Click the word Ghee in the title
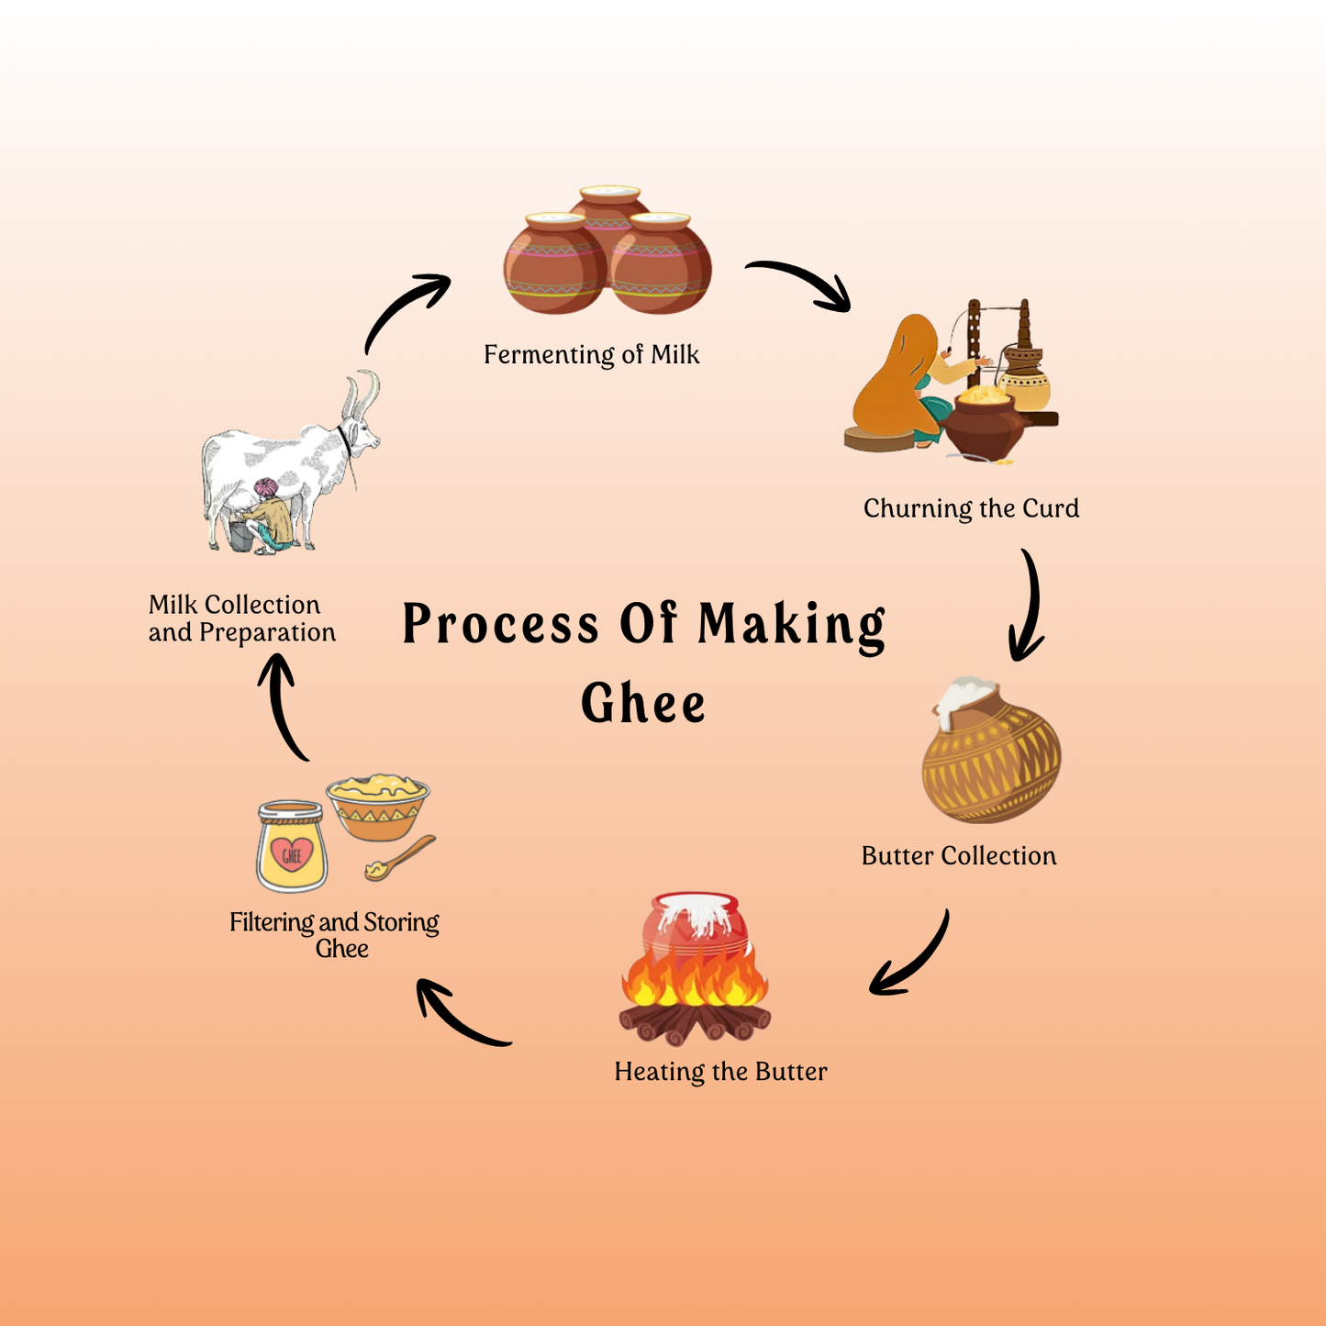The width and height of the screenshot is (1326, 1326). [x=643, y=704]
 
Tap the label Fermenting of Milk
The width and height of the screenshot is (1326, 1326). [x=591, y=355]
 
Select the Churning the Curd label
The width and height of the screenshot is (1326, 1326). [x=971, y=508]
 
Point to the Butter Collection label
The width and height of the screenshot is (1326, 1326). [x=959, y=856]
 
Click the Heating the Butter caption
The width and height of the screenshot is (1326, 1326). [x=720, y=1072]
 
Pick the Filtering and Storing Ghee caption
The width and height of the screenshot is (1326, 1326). [x=335, y=934]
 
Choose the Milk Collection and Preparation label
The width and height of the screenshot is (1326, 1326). [x=242, y=618]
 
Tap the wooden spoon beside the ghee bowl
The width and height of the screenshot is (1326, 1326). [x=400, y=858]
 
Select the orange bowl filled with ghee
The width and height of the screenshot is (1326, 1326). [x=378, y=808]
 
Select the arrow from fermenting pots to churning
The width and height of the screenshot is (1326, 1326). [x=801, y=282]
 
